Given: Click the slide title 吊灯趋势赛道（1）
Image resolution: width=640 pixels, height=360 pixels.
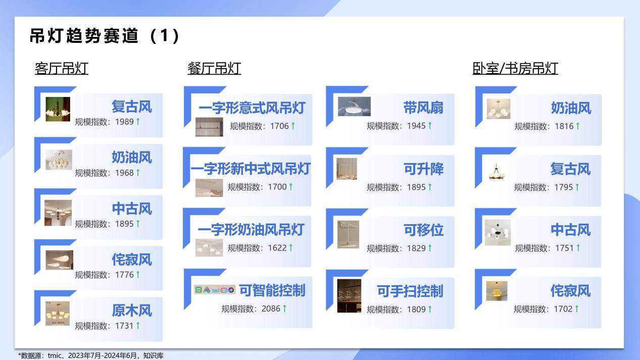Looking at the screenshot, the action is point(105,36).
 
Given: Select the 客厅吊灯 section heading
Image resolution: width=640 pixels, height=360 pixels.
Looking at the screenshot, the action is point(62,69).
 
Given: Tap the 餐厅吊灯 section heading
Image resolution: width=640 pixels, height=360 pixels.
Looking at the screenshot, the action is point(214,69).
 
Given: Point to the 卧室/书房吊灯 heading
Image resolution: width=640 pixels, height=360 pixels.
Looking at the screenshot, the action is point(515,69).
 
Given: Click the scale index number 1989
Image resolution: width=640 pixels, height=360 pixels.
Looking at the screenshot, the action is point(124,122).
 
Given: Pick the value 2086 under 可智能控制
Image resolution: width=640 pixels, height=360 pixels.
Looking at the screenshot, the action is point(271,308).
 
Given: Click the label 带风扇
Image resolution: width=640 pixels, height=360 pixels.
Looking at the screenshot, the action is point(423,108).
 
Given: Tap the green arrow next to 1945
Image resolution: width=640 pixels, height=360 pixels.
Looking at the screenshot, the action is point(430,126).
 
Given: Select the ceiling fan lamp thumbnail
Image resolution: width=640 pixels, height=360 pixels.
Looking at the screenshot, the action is point(354,107).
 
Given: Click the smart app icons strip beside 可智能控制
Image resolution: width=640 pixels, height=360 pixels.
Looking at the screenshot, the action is point(215,290).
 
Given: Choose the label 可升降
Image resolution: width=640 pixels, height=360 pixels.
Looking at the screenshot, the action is point(423,169).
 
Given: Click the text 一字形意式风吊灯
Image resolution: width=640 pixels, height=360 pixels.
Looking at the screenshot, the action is point(252,108).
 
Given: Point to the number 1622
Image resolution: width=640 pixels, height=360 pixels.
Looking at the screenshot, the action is point(277,248).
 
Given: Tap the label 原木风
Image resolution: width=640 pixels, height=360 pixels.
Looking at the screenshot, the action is point(132,311).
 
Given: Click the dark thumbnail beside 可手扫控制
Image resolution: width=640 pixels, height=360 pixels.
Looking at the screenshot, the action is point(349,296).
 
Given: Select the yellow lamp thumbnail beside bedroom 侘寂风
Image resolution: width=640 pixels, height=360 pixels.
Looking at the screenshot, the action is point(497,291).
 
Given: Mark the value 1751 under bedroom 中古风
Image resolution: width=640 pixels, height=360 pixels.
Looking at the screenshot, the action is point(564,248).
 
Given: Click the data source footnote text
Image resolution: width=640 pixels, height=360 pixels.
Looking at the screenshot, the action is point(91,356).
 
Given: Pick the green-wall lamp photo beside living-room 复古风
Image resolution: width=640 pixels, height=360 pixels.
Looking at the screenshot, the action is point(58,109).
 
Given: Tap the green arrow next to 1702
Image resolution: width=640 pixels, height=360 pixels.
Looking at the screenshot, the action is point(577,308).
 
